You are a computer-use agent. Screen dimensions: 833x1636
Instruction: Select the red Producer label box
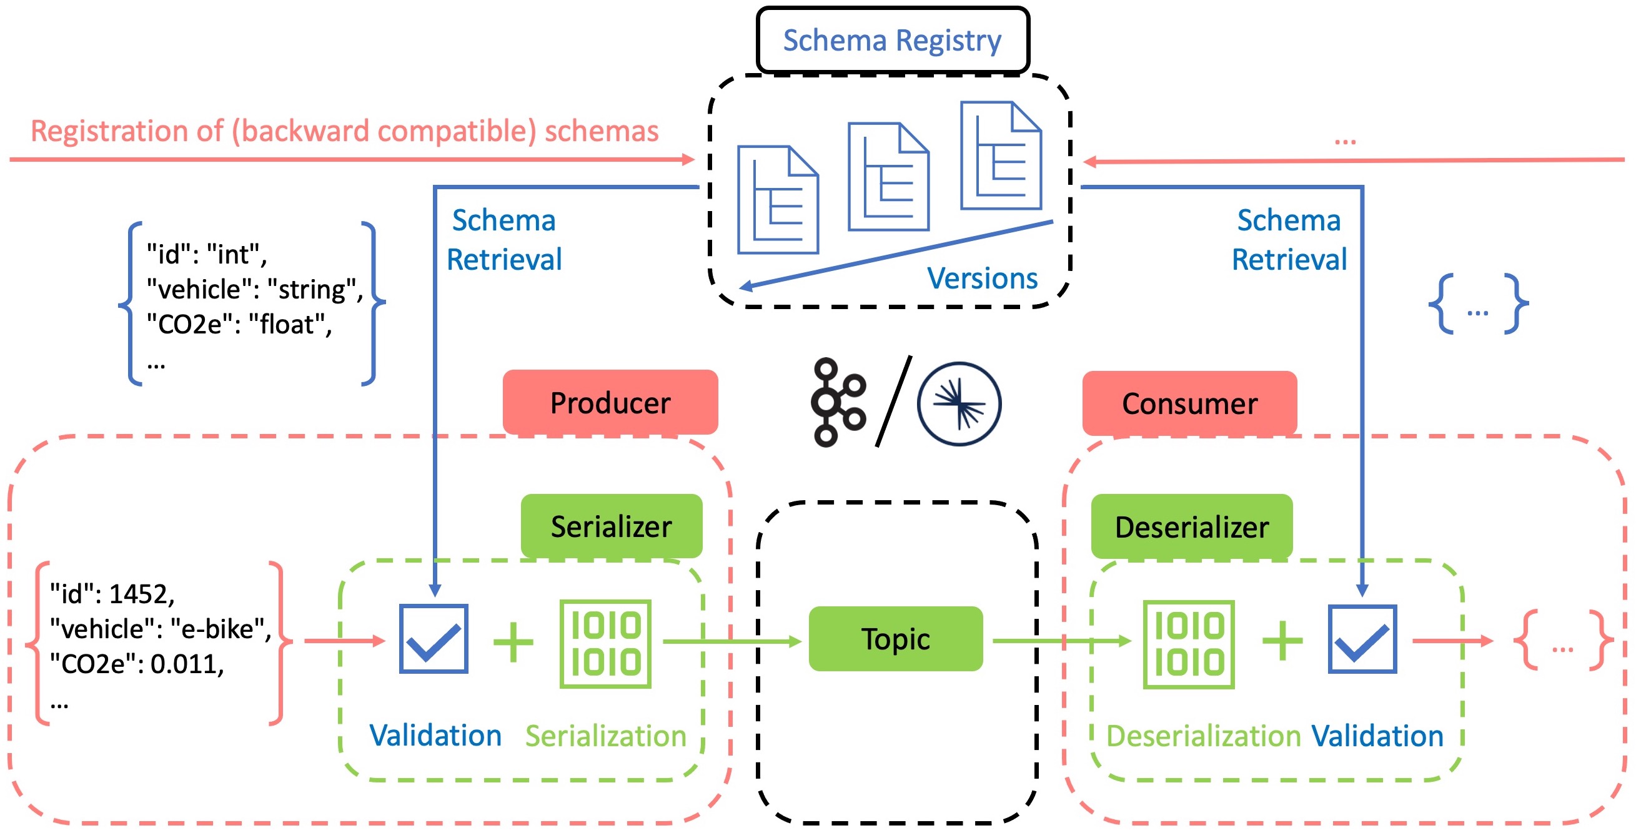coord(610,403)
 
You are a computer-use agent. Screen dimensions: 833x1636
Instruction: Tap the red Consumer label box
coord(1189,404)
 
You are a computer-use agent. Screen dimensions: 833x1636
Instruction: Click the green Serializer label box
coord(611,526)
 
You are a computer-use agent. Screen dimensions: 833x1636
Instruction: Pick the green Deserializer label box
coord(1191,527)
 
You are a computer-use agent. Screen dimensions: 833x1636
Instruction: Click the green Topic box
coord(896,639)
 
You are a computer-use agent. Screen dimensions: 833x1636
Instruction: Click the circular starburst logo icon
coord(959,404)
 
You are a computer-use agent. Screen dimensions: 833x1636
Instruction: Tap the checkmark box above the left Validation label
coord(434,639)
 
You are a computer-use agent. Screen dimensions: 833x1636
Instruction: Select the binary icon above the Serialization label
coord(605,644)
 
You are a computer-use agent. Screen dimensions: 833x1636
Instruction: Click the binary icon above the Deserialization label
coord(1188,644)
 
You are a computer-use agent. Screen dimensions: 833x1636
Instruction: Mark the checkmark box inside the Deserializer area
coord(1362,639)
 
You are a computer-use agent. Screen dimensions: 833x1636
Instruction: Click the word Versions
coord(982,278)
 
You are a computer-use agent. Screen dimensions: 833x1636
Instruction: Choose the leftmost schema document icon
coord(777,200)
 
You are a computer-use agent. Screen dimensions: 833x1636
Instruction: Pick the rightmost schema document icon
coord(1001,155)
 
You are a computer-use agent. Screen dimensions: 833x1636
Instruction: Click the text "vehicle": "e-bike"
coord(160,629)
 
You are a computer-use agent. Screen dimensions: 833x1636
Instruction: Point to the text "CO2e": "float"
coord(239,325)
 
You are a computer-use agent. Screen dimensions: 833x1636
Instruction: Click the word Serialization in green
coord(605,736)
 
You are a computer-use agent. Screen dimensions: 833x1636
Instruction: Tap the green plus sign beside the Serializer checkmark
coord(513,642)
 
